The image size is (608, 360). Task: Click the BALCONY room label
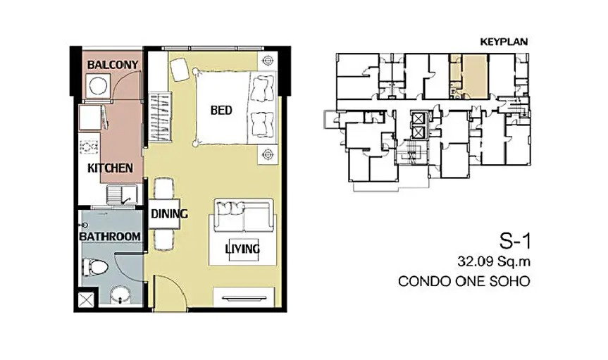[113, 64]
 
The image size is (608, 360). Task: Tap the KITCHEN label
[110, 168]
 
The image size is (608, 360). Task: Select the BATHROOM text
[110, 236]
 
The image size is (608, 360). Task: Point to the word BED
[221, 110]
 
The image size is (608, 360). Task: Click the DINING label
[169, 213]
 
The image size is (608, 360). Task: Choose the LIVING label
[242, 248]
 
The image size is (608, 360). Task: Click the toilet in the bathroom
[94, 267]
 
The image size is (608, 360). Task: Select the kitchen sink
[122, 194]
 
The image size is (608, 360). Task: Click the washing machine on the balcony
[97, 87]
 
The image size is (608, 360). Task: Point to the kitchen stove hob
[89, 147]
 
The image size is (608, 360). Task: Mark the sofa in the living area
[243, 216]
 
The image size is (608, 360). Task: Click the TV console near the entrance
[244, 297]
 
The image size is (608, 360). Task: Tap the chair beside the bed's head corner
[180, 69]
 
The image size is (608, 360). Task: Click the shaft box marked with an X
[86, 299]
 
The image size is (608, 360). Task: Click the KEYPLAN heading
[504, 42]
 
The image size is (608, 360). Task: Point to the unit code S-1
[514, 242]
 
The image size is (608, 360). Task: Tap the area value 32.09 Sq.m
[494, 262]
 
